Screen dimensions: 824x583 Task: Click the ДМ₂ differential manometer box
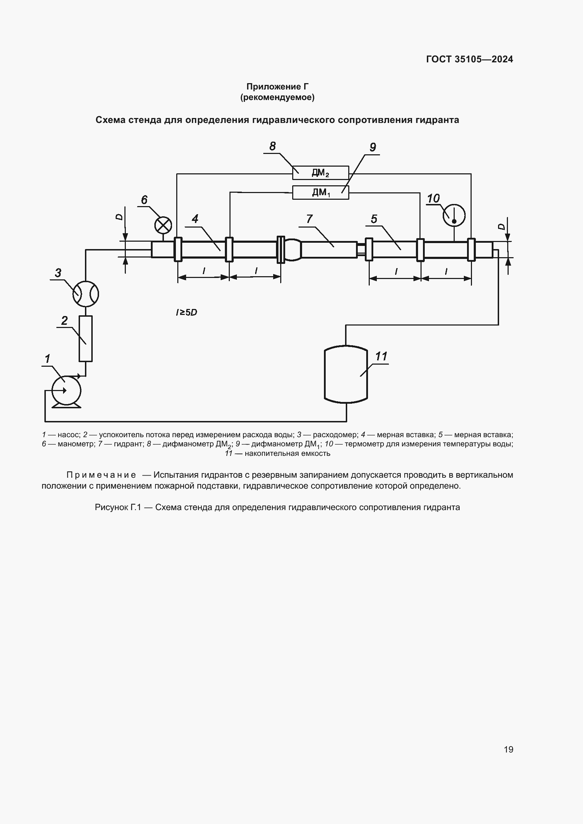click(x=320, y=173)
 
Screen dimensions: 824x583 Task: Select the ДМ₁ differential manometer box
click(x=320, y=192)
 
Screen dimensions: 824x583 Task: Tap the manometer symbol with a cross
click(x=163, y=225)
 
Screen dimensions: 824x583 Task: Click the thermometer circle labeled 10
click(x=454, y=216)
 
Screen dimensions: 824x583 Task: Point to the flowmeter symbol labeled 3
click(x=85, y=293)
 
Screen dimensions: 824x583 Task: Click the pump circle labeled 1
click(x=66, y=390)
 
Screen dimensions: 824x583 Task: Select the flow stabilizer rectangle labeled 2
click(x=85, y=339)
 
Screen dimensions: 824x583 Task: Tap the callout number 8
click(x=272, y=147)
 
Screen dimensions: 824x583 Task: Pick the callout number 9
click(x=373, y=147)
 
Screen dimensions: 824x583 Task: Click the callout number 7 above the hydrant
click(x=309, y=218)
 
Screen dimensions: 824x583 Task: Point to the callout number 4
click(x=195, y=218)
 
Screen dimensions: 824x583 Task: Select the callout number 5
click(x=374, y=219)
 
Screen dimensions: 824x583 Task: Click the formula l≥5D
click(x=186, y=312)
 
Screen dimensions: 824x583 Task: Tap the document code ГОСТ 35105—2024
click(x=469, y=59)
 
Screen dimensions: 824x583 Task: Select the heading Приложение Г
click(x=277, y=87)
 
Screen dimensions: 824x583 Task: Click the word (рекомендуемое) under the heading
click(x=277, y=97)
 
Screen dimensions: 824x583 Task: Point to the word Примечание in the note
click(x=101, y=475)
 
